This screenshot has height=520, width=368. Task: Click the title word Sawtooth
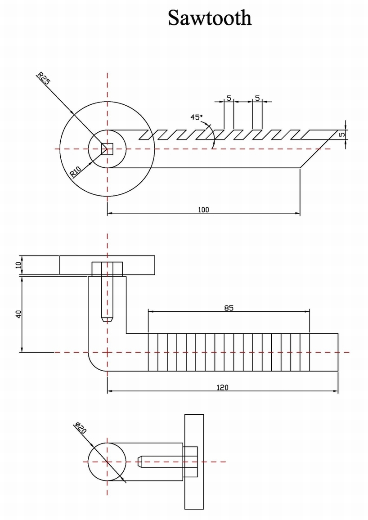pyautogui.click(x=210, y=18)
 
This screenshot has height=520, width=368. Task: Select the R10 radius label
pyautogui.click(x=75, y=172)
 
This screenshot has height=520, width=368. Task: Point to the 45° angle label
pyautogui.click(x=197, y=117)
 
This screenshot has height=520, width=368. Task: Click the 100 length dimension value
pyautogui.click(x=203, y=209)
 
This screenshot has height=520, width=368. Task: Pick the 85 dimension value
pyautogui.click(x=229, y=308)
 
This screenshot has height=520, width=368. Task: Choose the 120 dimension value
pyautogui.click(x=222, y=387)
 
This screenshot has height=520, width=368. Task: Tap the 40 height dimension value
pyautogui.click(x=18, y=314)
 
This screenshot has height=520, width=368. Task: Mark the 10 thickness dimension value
pyautogui.click(x=18, y=265)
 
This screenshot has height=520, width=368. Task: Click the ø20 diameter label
pyautogui.click(x=81, y=428)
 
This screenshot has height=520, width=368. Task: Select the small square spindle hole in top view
pyautogui.click(x=107, y=148)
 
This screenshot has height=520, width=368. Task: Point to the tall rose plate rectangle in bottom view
pyautogui.click(x=194, y=462)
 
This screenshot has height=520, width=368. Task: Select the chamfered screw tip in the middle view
pyautogui.click(x=107, y=319)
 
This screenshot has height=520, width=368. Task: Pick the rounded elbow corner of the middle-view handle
pyautogui.click(x=95, y=364)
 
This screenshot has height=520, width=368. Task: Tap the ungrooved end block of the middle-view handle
pyautogui.click(x=324, y=352)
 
